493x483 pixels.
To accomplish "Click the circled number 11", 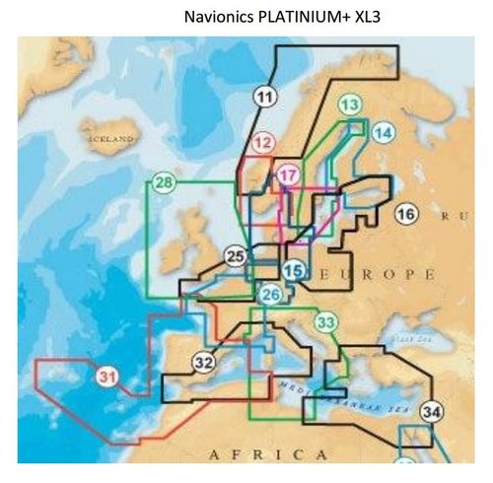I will coord(264,96).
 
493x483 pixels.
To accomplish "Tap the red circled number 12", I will coord(262,144).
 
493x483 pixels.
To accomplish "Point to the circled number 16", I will coord(405,214).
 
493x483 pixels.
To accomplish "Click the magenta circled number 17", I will coord(287,175).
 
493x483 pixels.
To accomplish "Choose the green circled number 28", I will coord(165,182).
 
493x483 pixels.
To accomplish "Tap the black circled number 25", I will coord(235,257).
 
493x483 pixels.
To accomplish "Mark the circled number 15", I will coord(293,270).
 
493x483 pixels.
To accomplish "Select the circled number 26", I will coord(271,293).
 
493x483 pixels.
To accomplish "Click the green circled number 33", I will coord(326,321).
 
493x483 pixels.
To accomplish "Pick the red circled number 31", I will coord(107,377).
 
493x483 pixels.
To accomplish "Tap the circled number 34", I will coord(431,410).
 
